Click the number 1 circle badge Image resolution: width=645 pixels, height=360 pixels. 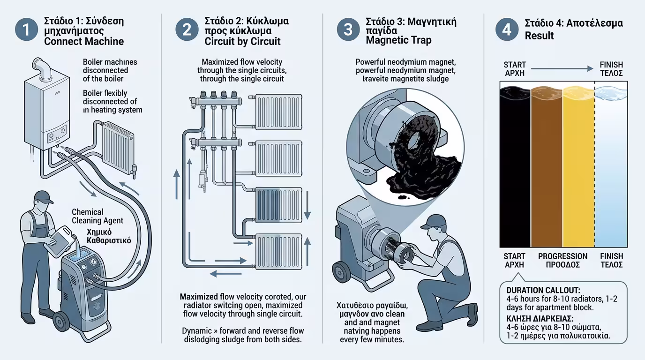tap(26, 30)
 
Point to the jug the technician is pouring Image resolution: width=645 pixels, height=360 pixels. tap(60, 239)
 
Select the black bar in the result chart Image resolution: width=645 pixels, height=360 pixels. tap(515, 169)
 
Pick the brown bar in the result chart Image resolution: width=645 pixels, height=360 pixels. tap(546, 169)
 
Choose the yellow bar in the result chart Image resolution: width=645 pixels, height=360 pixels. tap(578, 169)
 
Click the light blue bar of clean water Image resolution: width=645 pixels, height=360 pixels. tap(611, 169)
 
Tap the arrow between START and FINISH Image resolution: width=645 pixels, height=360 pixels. tap(562, 69)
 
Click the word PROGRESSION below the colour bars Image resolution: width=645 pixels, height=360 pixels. tap(562, 256)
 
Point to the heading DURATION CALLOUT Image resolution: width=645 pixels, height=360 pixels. tap(543, 290)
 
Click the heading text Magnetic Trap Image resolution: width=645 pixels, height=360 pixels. tap(398, 40)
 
